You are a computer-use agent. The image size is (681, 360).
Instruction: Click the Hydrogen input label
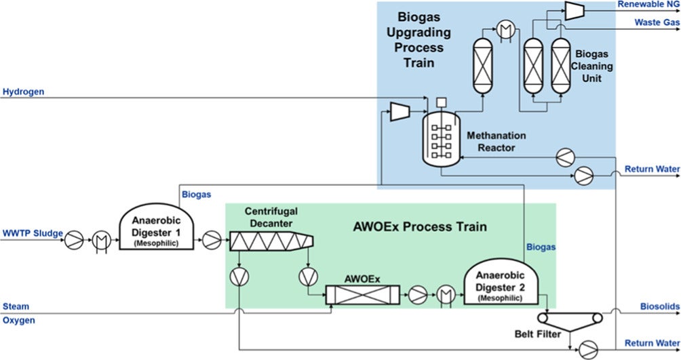[24, 92]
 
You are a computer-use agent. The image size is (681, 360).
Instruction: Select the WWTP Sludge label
[32, 234]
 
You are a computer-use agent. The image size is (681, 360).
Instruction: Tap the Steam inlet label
[16, 306]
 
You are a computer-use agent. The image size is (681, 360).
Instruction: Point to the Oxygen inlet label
[18, 320]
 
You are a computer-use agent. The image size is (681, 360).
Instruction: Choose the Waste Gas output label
[657, 22]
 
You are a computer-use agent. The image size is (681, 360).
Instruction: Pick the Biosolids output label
[659, 306]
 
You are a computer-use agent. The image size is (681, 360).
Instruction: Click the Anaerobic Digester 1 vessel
[155, 231]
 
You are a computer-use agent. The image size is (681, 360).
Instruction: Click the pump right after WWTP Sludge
[75, 239]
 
